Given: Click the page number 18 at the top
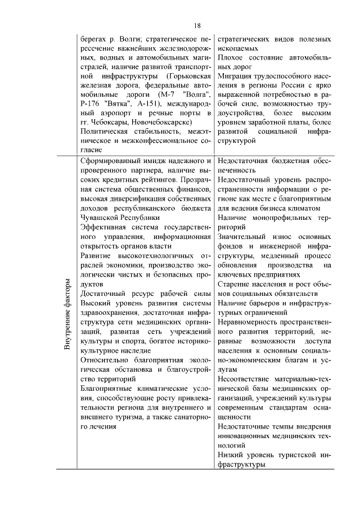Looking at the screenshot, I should pyautogui.click(x=197, y=25).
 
